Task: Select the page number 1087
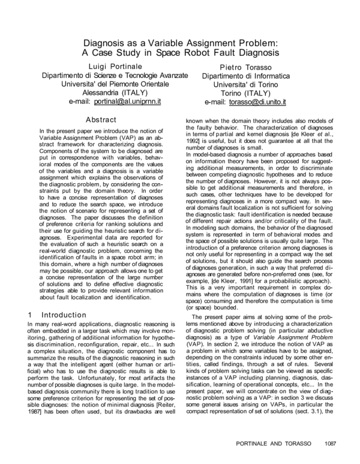click(327, 444)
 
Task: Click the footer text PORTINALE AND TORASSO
click(271, 444)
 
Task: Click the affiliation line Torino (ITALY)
click(245, 94)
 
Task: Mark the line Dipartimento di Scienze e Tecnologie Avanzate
click(115, 75)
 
